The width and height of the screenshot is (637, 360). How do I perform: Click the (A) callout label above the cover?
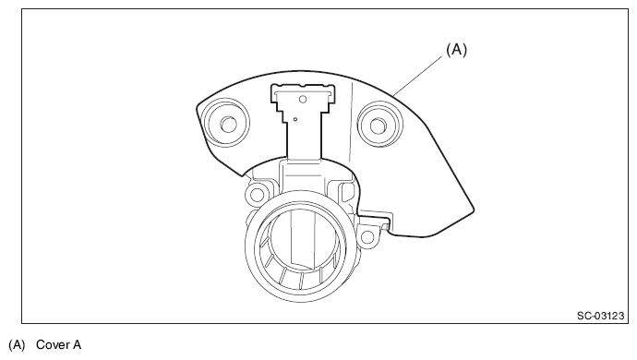click(457, 50)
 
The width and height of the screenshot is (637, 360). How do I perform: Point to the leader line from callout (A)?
click(418, 76)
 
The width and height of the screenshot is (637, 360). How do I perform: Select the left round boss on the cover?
click(226, 123)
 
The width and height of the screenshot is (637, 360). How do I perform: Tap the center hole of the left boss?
click(228, 125)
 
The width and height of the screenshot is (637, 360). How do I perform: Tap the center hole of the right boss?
click(378, 126)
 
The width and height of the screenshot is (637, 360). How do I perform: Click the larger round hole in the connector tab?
click(302, 99)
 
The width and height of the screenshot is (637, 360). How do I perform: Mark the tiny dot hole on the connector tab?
click(295, 119)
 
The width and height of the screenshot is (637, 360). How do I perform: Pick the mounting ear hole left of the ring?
click(257, 195)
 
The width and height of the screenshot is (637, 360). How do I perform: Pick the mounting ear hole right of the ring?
click(367, 237)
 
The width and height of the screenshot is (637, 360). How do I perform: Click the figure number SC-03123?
click(600, 316)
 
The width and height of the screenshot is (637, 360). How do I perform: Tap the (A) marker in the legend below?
click(17, 345)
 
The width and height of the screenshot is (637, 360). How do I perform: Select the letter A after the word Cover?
click(78, 345)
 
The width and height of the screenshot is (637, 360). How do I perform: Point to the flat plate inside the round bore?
click(303, 239)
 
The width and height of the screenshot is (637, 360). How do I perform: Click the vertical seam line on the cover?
click(352, 122)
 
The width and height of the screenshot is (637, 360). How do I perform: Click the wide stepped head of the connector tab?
click(303, 98)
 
